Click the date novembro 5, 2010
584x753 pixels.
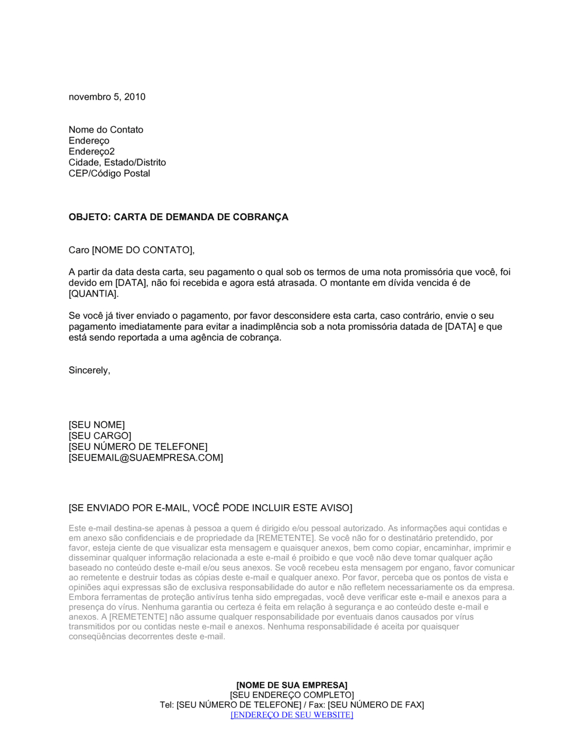tap(107, 97)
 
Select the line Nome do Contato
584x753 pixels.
tap(106, 130)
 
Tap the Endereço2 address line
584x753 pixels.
tap(92, 152)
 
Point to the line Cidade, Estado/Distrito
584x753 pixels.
tap(117, 162)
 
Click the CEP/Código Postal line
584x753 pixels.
tap(109, 173)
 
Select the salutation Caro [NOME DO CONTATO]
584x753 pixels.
tap(131, 250)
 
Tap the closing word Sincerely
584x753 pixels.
tap(89, 371)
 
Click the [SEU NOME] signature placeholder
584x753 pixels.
tap(96, 425)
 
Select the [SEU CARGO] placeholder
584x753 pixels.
tap(100, 436)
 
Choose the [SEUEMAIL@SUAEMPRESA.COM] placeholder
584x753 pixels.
tap(145, 458)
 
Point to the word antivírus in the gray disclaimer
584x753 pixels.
tap(210, 597)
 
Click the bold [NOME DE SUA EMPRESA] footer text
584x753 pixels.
tap(291, 685)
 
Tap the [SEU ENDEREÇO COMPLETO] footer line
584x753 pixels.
tap(291, 695)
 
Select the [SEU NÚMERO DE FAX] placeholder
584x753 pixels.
tap(376, 705)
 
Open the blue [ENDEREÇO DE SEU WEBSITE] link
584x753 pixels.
tap(291, 714)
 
